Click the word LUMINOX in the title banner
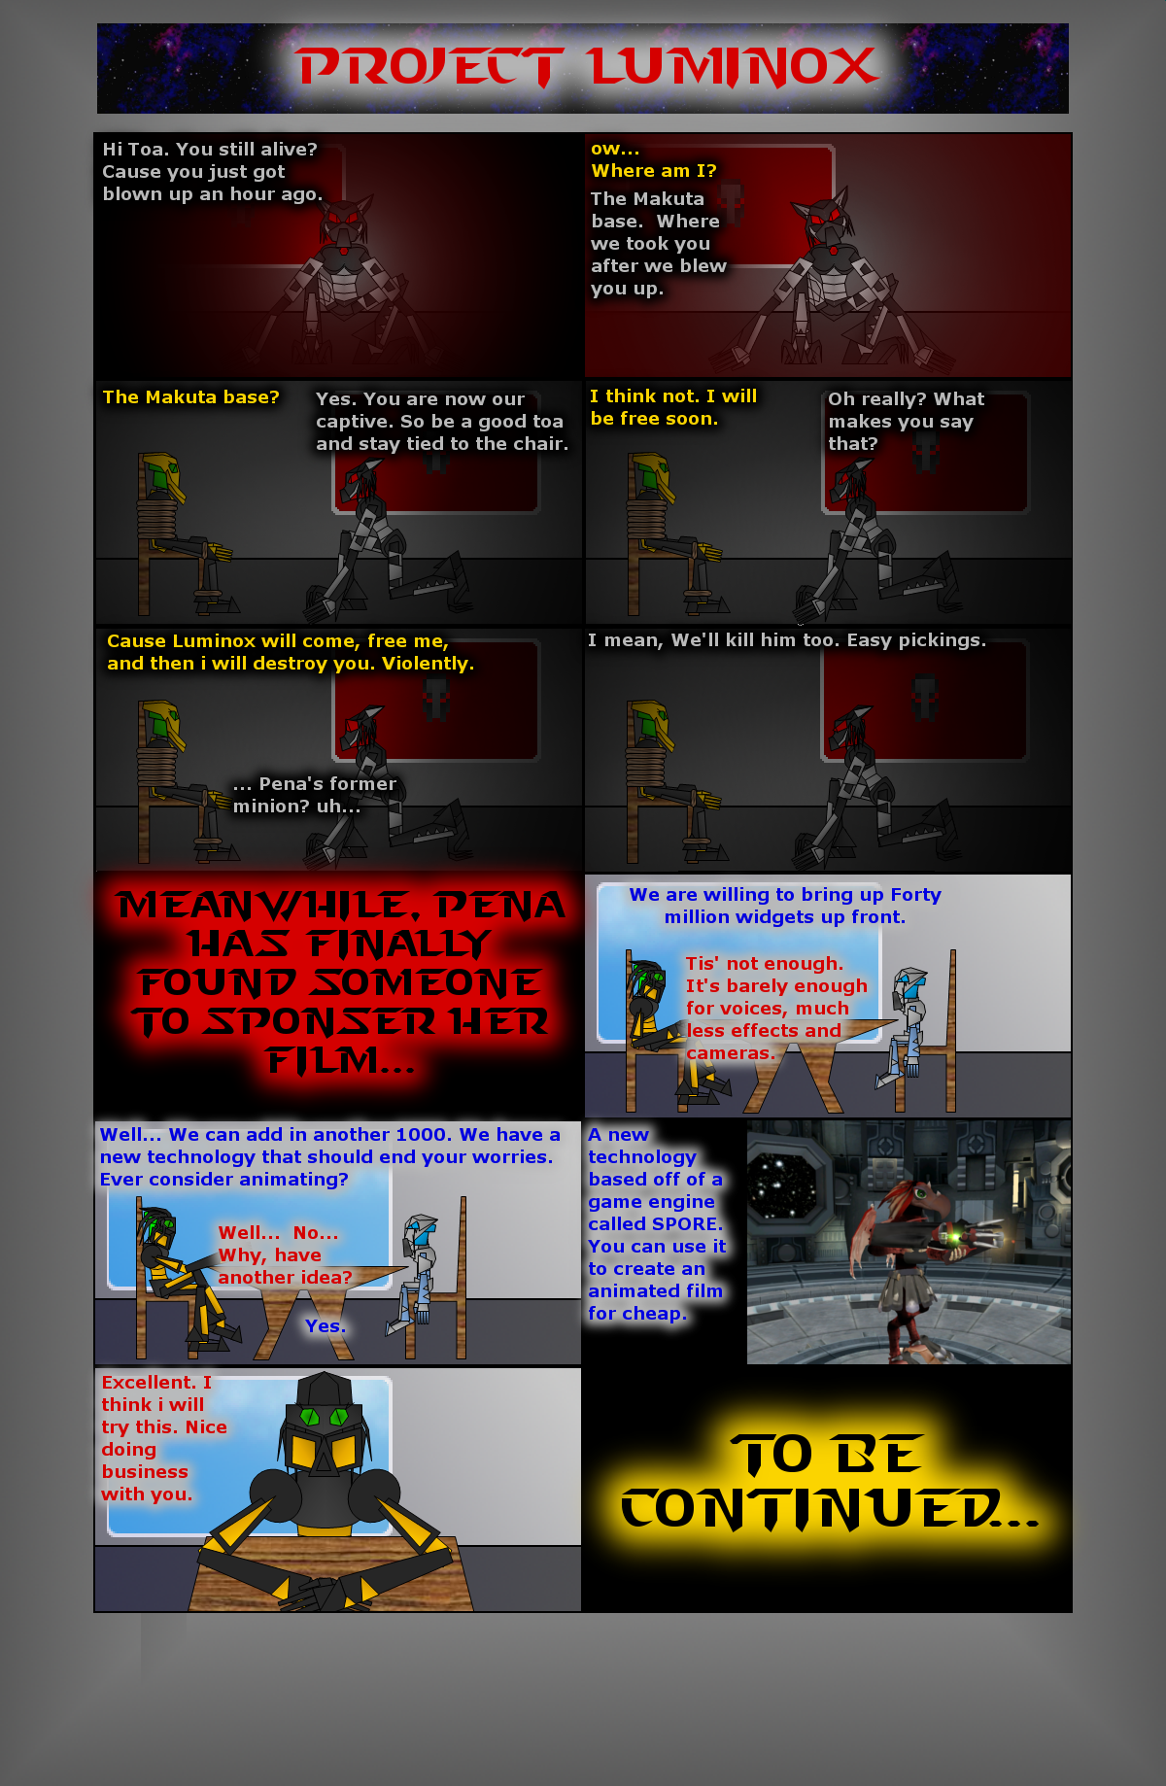pos(734,67)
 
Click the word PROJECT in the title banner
pos(429,67)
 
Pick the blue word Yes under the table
pos(325,1326)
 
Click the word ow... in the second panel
pos(615,149)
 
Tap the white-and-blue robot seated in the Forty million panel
pos(905,1027)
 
